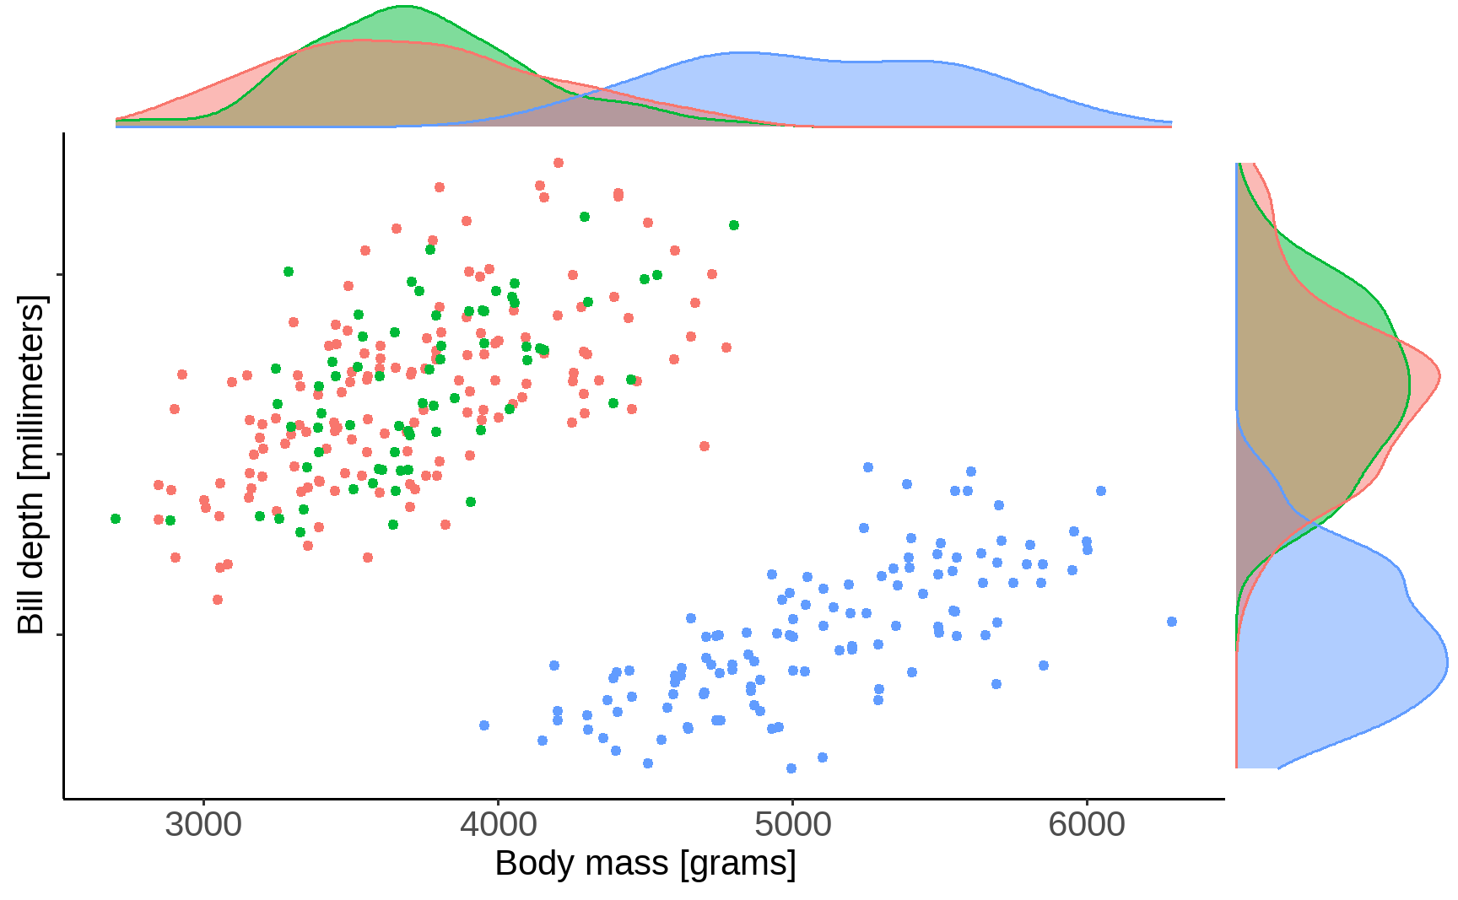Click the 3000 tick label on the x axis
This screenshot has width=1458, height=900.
click(x=202, y=824)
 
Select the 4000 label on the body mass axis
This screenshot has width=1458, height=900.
click(x=498, y=824)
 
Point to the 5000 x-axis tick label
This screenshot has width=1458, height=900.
click(x=792, y=824)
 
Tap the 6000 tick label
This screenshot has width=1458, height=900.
click(x=1087, y=824)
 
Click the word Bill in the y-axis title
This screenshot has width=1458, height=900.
click(x=30, y=608)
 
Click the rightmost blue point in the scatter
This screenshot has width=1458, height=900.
click(x=1171, y=622)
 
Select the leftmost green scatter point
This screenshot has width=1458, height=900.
click(x=116, y=519)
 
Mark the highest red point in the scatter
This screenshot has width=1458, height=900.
click(x=558, y=163)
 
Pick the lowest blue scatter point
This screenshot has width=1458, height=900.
click(x=791, y=768)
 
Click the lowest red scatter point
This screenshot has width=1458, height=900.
click(x=218, y=600)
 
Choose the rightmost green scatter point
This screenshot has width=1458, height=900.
click(x=734, y=225)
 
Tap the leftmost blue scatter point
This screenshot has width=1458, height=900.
click(x=484, y=725)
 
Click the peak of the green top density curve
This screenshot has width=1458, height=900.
click(x=404, y=7)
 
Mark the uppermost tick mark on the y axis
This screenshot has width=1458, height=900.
click(x=59, y=275)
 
